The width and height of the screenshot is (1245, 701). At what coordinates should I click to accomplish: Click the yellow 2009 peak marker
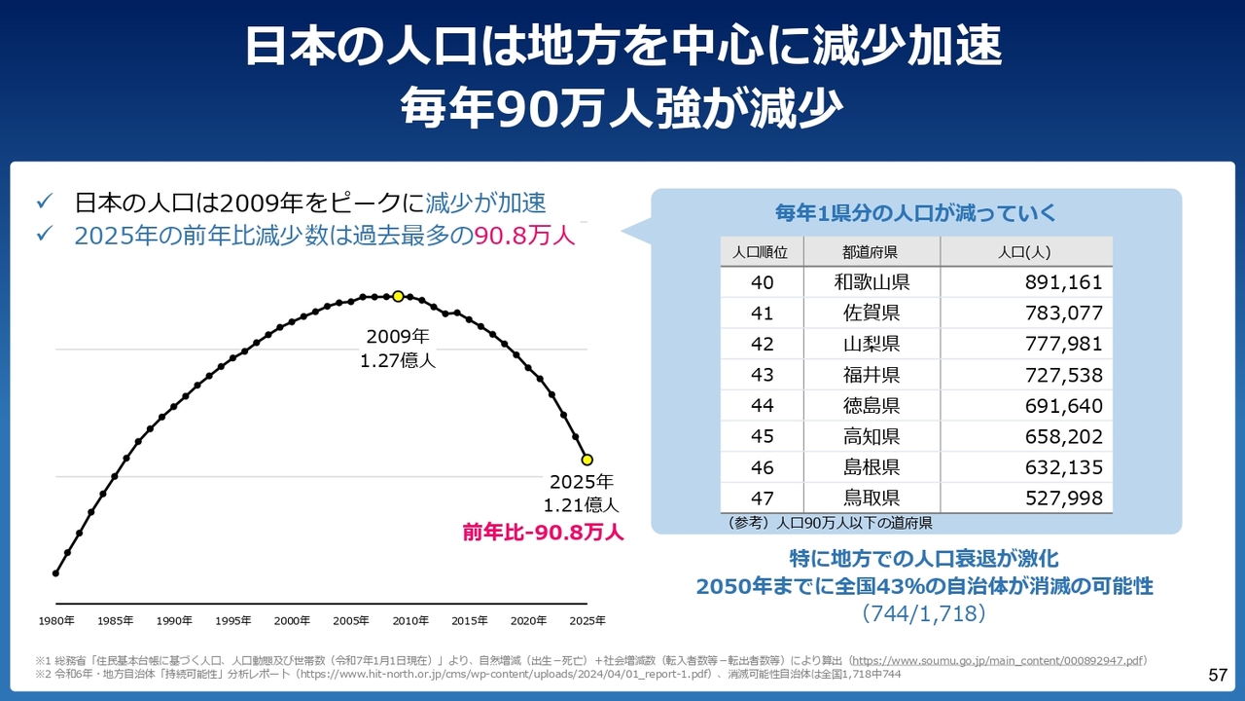398,296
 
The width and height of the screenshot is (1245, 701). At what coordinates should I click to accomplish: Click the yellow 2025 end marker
587,460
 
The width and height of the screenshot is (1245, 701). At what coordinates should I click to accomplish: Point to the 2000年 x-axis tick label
292,621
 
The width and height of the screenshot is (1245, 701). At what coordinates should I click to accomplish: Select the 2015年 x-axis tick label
470,621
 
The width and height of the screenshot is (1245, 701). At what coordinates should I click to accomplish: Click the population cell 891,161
1063,282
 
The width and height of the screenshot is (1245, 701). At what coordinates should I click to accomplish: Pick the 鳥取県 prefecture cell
871,498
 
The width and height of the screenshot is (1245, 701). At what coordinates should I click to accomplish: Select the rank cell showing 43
762,375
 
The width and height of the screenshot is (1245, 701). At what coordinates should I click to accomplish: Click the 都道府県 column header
871,252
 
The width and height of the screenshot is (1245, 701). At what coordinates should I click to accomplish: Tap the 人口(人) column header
1025,252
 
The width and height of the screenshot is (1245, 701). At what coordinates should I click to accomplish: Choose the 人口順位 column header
762,252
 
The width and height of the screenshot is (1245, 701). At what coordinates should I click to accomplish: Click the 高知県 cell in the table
871,437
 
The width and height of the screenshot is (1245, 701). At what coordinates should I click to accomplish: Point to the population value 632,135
1063,467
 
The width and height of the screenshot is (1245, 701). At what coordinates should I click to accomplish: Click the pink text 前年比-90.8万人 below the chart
543,533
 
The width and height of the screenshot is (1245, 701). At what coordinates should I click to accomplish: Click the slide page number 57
1217,675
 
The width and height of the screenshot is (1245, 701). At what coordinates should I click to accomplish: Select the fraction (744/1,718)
924,613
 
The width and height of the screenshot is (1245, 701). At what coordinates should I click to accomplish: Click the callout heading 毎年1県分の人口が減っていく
914,213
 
